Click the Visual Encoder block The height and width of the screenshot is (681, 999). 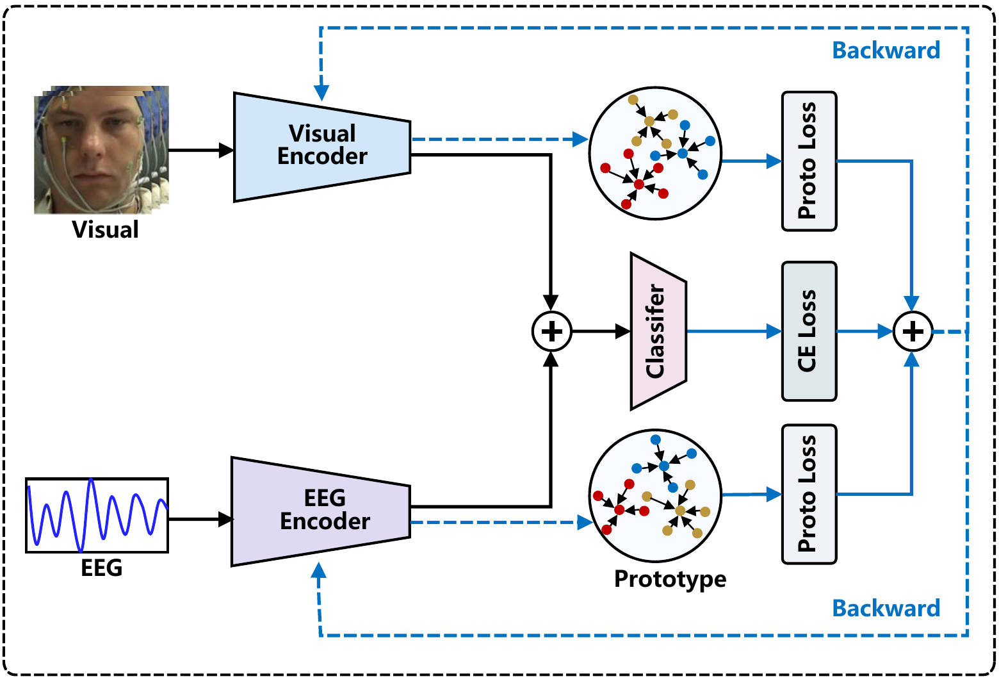click(x=322, y=146)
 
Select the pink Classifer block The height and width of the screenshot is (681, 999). click(x=657, y=331)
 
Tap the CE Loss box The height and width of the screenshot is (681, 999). click(x=809, y=331)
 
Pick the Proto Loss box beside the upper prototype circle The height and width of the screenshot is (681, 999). click(x=809, y=161)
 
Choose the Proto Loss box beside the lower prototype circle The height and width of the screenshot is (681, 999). click(x=809, y=494)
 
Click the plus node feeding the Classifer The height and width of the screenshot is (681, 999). click(x=551, y=331)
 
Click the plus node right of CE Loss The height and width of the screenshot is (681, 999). click(x=913, y=331)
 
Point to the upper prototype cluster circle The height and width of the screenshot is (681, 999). click(x=655, y=154)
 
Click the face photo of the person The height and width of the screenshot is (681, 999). click(x=101, y=150)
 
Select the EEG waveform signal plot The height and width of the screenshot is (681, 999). click(x=97, y=515)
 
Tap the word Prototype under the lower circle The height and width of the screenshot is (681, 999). click(x=670, y=579)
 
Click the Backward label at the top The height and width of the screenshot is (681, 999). click(x=886, y=51)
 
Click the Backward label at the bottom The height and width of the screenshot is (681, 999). click(x=886, y=608)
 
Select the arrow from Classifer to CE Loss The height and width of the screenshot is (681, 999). click(x=733, y=331)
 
